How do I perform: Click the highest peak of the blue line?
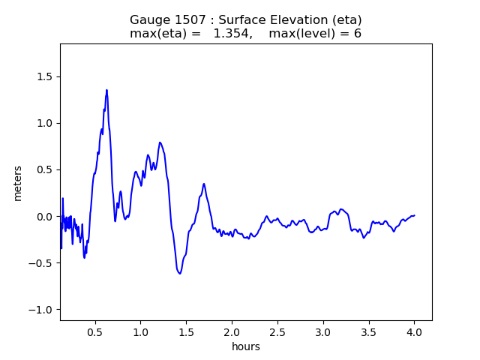(x=106, y=90)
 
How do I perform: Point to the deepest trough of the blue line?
(x=180, y=273)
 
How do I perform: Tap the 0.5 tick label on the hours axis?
(x=94, y=332)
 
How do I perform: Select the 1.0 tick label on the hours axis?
(x=140, y=332)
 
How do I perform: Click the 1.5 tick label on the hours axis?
(x=186, y=332)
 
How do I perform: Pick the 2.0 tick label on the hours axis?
(x=232, y=332)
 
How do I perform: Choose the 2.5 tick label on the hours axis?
(x=277, y=332)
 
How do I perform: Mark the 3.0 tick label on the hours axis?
(x=323, y=332)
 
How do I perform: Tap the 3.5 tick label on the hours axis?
(x=369, y=332)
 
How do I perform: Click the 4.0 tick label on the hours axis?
(x=415, y=332)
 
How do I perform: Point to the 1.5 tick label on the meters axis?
(x=45, y=76)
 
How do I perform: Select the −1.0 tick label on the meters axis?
(x=42, y=310)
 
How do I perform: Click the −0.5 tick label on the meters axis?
(x=42, y=263)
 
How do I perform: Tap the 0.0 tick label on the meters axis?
(x=45, y=217)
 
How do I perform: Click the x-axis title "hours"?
(x=246, y=346)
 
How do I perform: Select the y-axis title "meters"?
(x=18, y=183)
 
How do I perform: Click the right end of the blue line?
(x=415, y=215)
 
